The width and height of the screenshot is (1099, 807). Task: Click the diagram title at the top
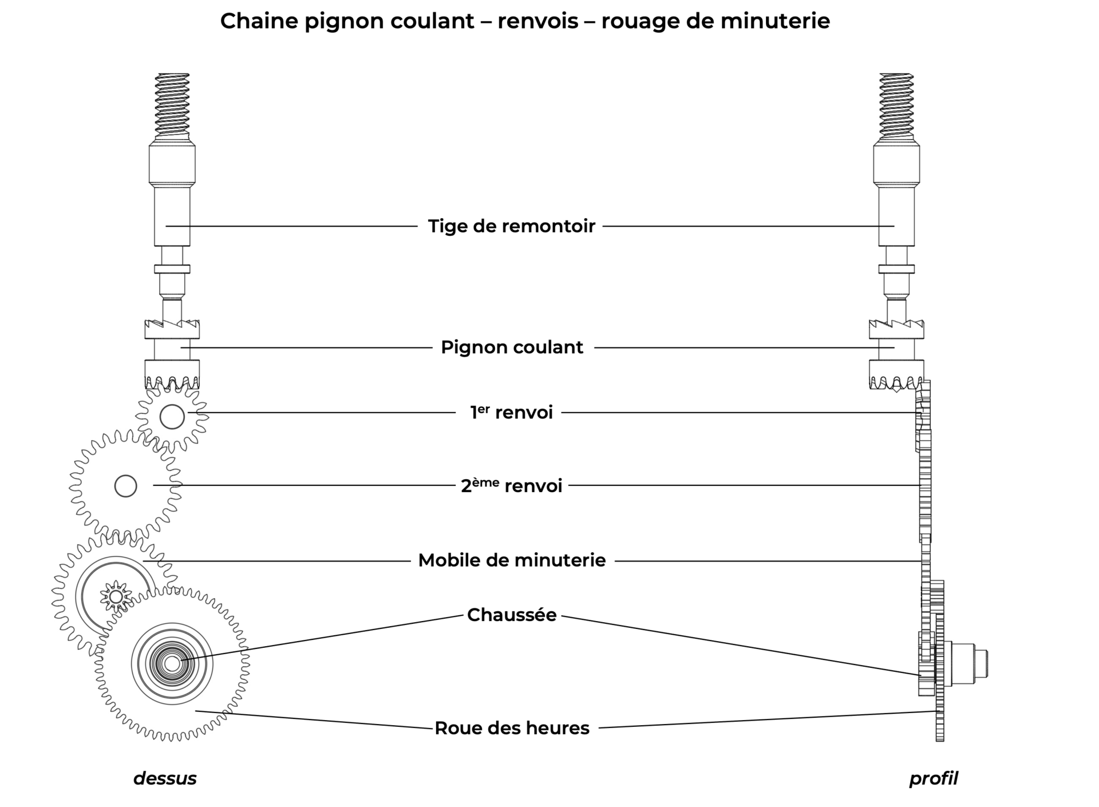pyautogui.click(x=525, y=21)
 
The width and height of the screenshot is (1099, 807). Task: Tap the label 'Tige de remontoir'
pyautogui.click(x=512, y=226)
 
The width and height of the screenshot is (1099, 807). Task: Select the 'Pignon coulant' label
pyautogui.click(x=512, y=347)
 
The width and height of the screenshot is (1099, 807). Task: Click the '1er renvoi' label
pyautogui.click(x=512, y=412)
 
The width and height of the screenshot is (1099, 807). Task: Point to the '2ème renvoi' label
pyautogui.click(x=512, y=485)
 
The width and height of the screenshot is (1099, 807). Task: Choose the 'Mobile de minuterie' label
pyautogui.click(x=512, y=560)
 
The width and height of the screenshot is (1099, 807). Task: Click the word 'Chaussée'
pyautogui.click(x=512, y=615)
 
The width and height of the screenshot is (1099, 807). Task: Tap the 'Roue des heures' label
pyautogui.click(x=512, y=728)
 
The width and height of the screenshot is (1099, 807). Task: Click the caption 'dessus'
pyautogui.click(x=165, y=778)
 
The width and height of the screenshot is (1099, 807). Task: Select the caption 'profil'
pyautogui.click(x=934, y=778)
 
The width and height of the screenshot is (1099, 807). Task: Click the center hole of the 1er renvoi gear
pyautogui.click(x=172, y=417)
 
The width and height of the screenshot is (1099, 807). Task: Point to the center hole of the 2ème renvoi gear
pyautogui.click(x=126, y=486)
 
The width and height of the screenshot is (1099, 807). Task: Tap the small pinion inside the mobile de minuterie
pyautogui.click(x=116, y=597)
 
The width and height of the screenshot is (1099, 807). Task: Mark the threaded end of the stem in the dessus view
pyautogui.click(x=172, y=106)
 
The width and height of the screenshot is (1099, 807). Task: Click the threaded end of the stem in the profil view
pyautogui.click(x=896, y=106)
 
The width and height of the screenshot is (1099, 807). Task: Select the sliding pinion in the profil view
pyautogui.click(x=896, y=355)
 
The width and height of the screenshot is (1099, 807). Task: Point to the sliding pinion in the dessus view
pyautogui.click(x=172, y=355)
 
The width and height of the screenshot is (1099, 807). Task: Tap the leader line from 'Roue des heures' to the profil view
pyautogui.click(x=767, y=720)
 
